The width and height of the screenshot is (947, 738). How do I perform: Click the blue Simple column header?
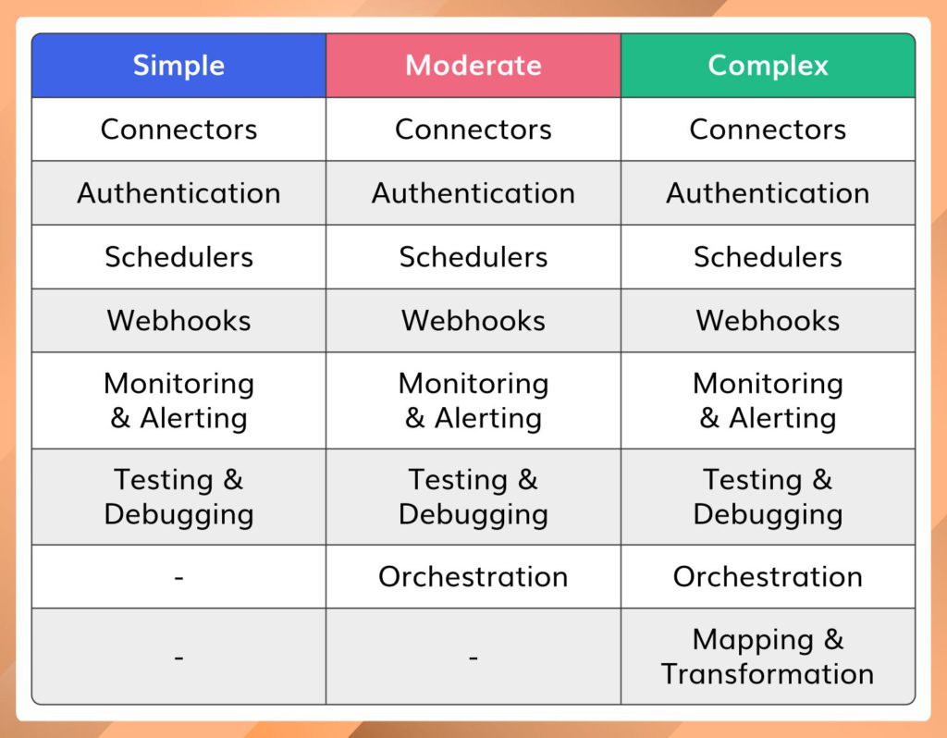178,66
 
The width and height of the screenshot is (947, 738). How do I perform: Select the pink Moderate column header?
473,66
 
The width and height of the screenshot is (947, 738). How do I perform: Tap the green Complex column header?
768,66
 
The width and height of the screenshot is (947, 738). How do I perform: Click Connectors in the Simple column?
178,129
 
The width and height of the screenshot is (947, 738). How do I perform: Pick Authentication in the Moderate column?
473,193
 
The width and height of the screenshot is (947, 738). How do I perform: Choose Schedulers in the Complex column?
768,257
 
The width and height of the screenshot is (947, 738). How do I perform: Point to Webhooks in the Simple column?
178,321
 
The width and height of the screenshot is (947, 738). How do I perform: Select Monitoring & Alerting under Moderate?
473,400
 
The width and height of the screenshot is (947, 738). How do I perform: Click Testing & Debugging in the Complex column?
768,497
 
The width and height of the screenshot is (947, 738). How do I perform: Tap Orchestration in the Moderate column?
473,577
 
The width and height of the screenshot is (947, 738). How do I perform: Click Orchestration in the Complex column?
768,577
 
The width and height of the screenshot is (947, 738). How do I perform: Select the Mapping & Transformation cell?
768,657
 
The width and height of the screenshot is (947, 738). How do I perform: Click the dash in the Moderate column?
473,658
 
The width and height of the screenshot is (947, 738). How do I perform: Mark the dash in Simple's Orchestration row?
178,577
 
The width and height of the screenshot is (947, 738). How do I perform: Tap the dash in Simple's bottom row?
178,658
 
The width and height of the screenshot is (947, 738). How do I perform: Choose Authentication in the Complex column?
768,193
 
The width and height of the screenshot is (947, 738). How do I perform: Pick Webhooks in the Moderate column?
473,321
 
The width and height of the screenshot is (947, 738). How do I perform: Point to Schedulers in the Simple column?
178,257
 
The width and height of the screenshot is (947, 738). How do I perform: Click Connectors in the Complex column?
768,129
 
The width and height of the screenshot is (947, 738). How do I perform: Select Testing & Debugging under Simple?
178,497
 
